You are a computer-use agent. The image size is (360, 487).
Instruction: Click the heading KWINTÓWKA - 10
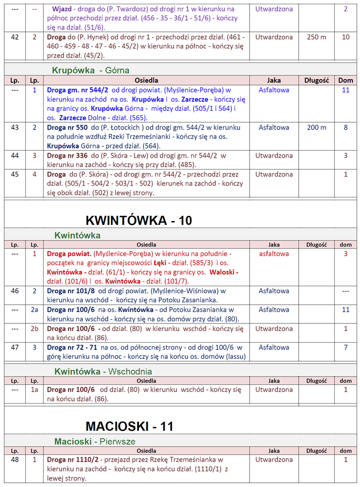[x=139, y=221]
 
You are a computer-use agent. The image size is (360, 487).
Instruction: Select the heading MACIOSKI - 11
[x=129, y=426]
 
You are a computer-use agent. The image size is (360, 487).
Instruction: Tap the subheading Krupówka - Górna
[x=90, y=70]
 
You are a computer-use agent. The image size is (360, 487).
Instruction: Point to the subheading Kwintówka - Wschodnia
[x=103, y=371]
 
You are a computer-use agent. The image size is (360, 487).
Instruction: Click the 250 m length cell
[x=316, y=37]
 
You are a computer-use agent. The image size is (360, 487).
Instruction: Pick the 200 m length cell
[x=316, y=128]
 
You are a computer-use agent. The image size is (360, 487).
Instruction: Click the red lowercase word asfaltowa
[x=274, y=253]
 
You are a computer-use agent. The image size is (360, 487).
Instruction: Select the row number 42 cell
[x=15, y=37]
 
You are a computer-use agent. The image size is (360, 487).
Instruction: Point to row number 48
[x=15, y=460]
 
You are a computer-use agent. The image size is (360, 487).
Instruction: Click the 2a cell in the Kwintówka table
[x=34, y=309]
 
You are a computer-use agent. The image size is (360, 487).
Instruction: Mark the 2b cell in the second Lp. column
[x=34, y=328]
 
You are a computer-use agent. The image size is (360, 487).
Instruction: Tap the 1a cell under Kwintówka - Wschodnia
[x=34, y=389]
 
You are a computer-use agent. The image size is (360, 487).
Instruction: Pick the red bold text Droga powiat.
[x=69, y=253]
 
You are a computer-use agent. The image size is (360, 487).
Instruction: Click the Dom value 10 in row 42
[x=345, y=37]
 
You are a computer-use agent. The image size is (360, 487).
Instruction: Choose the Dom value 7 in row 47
[x=345, y=347]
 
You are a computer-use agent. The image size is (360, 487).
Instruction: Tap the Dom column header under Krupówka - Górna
[x=345, y=80]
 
